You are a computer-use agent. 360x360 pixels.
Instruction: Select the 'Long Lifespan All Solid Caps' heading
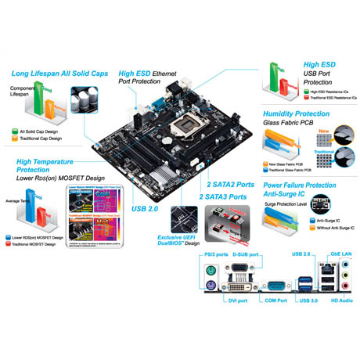pyautogui.click(x=59, y=74)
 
